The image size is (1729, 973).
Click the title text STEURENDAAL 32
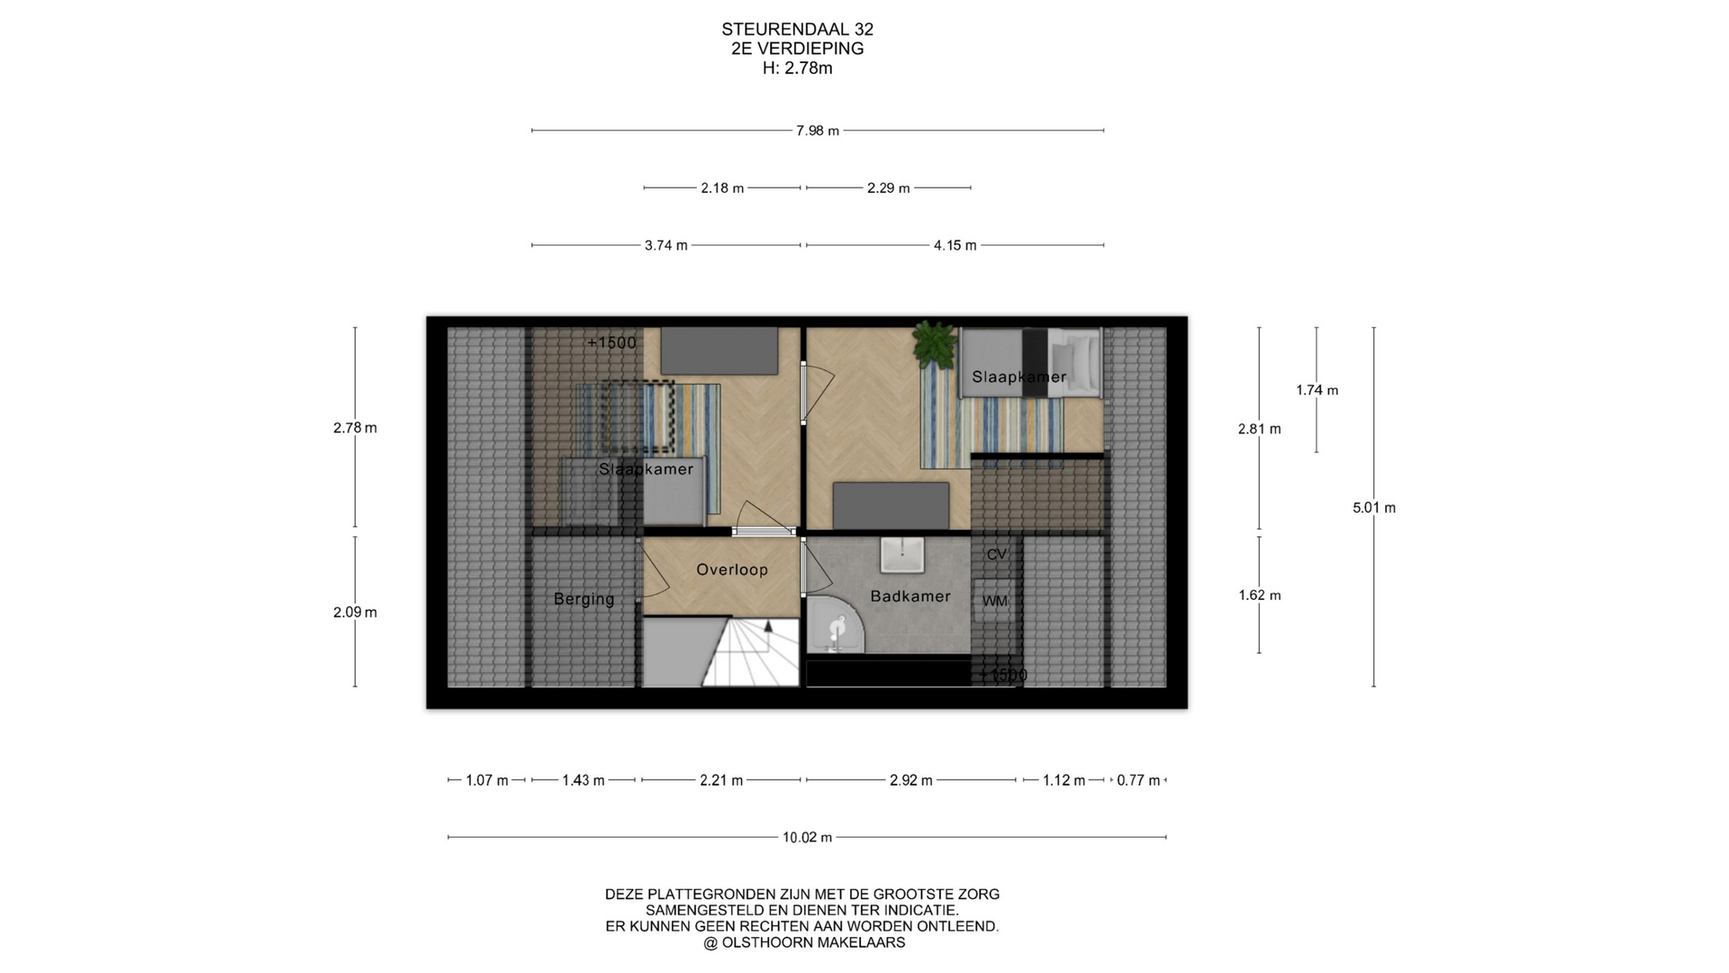point(797,29)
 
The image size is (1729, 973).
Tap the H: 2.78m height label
point(797,68)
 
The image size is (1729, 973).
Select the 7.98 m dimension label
point(818,131)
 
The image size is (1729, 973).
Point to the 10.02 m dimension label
point(807,837)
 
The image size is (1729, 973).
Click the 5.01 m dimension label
point(1374,507)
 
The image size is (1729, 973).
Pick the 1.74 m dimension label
point(1317,390)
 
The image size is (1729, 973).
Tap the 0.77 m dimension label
point(1138,780)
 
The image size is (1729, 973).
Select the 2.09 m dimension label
point(355,612)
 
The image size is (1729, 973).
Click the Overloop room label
point(732,569)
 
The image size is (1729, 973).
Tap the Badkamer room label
point(910,596)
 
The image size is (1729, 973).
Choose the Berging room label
point(584,599)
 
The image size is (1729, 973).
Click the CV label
point(996,554)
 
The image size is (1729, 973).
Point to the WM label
point(995,601)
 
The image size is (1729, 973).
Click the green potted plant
point(934,344)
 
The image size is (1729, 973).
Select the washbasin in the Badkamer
point(902,555)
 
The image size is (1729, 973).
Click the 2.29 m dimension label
point(888,188)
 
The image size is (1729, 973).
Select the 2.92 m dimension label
point(910,780)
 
